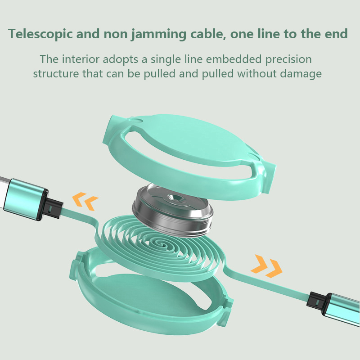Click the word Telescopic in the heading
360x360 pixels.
(x=40, y=34)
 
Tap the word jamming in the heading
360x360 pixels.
(x=159, y=34)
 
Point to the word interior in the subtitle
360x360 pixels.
(x=81, y=59)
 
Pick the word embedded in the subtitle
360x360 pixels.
(x=234, y=59)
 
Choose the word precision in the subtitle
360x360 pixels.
(x=288, y=59)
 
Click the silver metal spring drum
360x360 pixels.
(x=172, y=210)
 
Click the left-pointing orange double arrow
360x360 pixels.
(x=85, y=201)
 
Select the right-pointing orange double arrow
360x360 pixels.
(x=266, y=266)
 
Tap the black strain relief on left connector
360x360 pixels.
(x=53, y=208)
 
